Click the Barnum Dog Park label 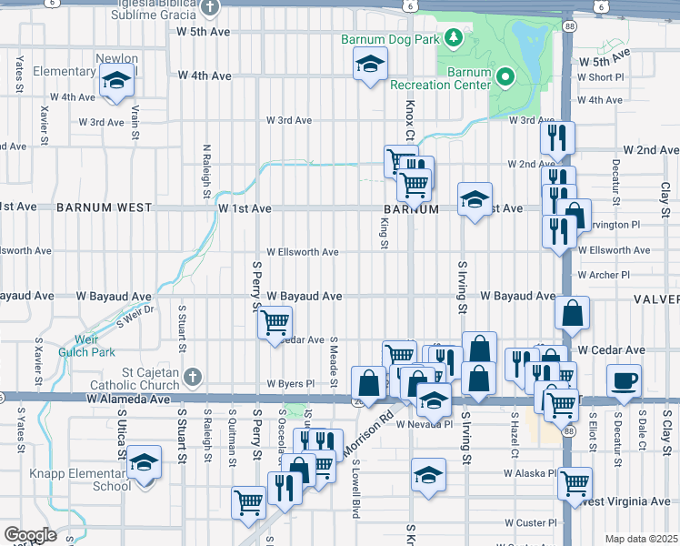click(x=390, y=39)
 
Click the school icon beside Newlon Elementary click(x=115, y=81)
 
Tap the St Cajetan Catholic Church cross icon click(x=191, y=376)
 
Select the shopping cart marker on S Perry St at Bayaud click(x=274, y=322)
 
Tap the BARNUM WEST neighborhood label click(x=104, y=207)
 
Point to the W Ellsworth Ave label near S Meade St click(x=302, y=252)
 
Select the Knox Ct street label click(x=409, y=120)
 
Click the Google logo click(x=30, y=535)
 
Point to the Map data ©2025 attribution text click(x=641, y=539)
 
